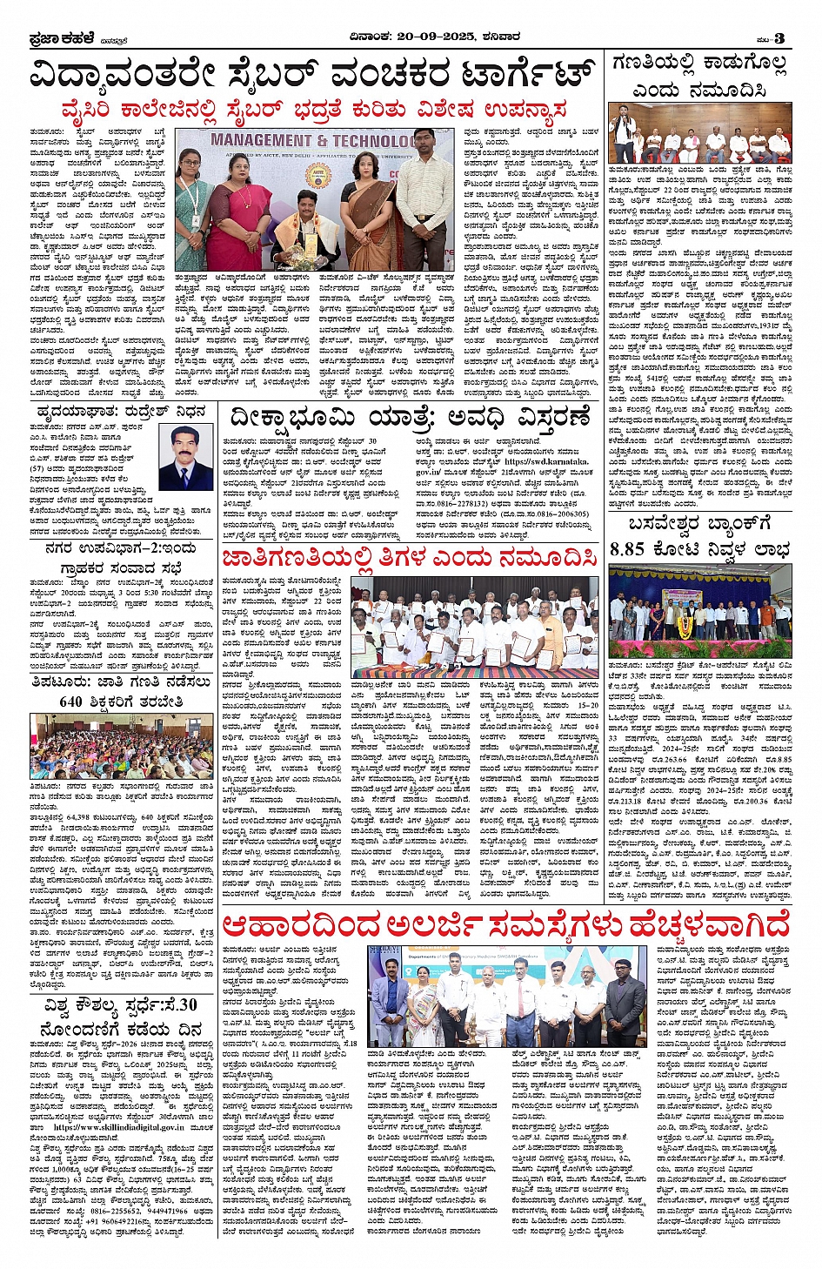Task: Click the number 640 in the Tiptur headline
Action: coord(70,702)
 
